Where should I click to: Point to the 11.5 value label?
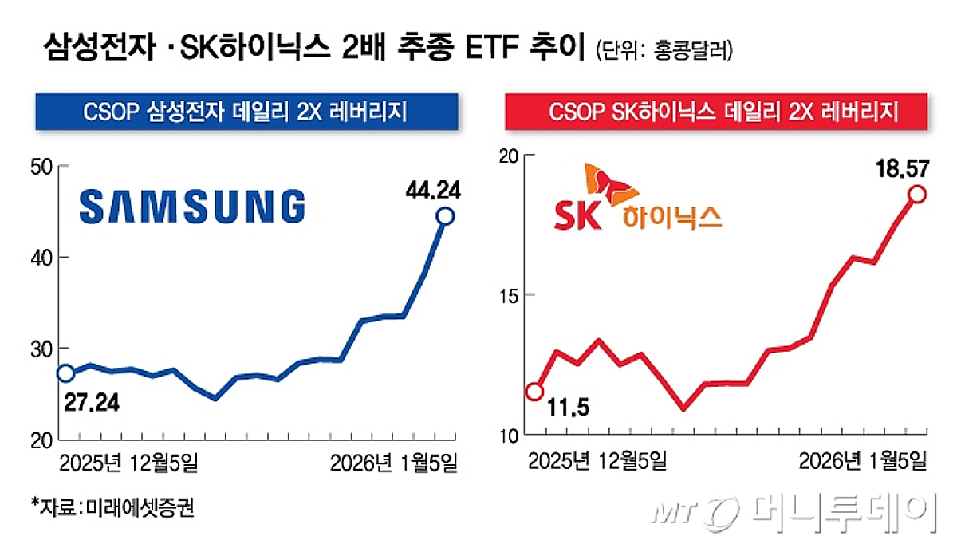(567, 410)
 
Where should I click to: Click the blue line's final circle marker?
(445, 216)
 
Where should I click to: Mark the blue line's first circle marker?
(65, 373)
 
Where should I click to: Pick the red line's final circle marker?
(917, 194)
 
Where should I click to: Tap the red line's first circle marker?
(535, 392)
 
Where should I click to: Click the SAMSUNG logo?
(193, 206)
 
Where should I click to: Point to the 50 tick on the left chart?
(41, 167)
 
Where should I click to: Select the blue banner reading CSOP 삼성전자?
(246, 112)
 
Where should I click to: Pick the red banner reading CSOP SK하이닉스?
(716, 112)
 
